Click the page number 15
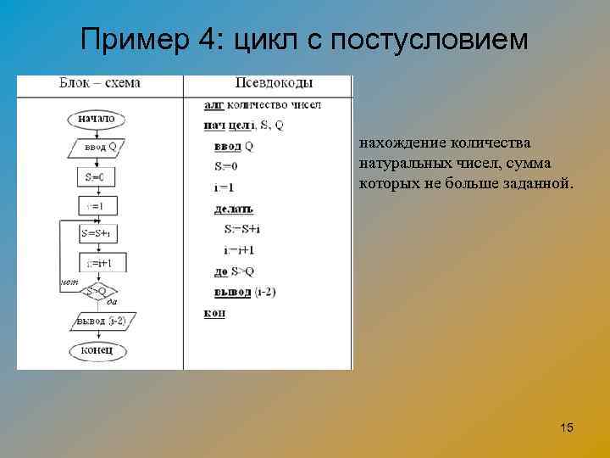pos(567,428)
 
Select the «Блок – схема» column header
pos(99,83)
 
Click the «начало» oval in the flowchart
pos(96,119)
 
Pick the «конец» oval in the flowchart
pos(97,349)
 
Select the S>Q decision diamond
pos(96,291)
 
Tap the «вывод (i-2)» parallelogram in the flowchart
pos(101,321)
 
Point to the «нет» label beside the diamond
pos(69,281)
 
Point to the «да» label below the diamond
pos(111,303)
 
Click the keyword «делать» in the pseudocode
pos(234,209)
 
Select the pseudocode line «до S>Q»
pos(234,271)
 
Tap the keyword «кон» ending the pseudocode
pos(214,312)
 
